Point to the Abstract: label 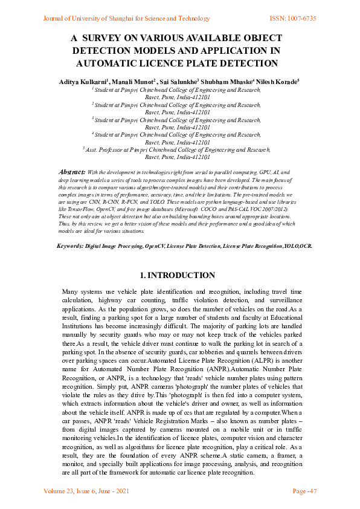pos(71,172)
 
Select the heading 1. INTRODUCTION pos(179,275)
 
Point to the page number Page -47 pos(304,491)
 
